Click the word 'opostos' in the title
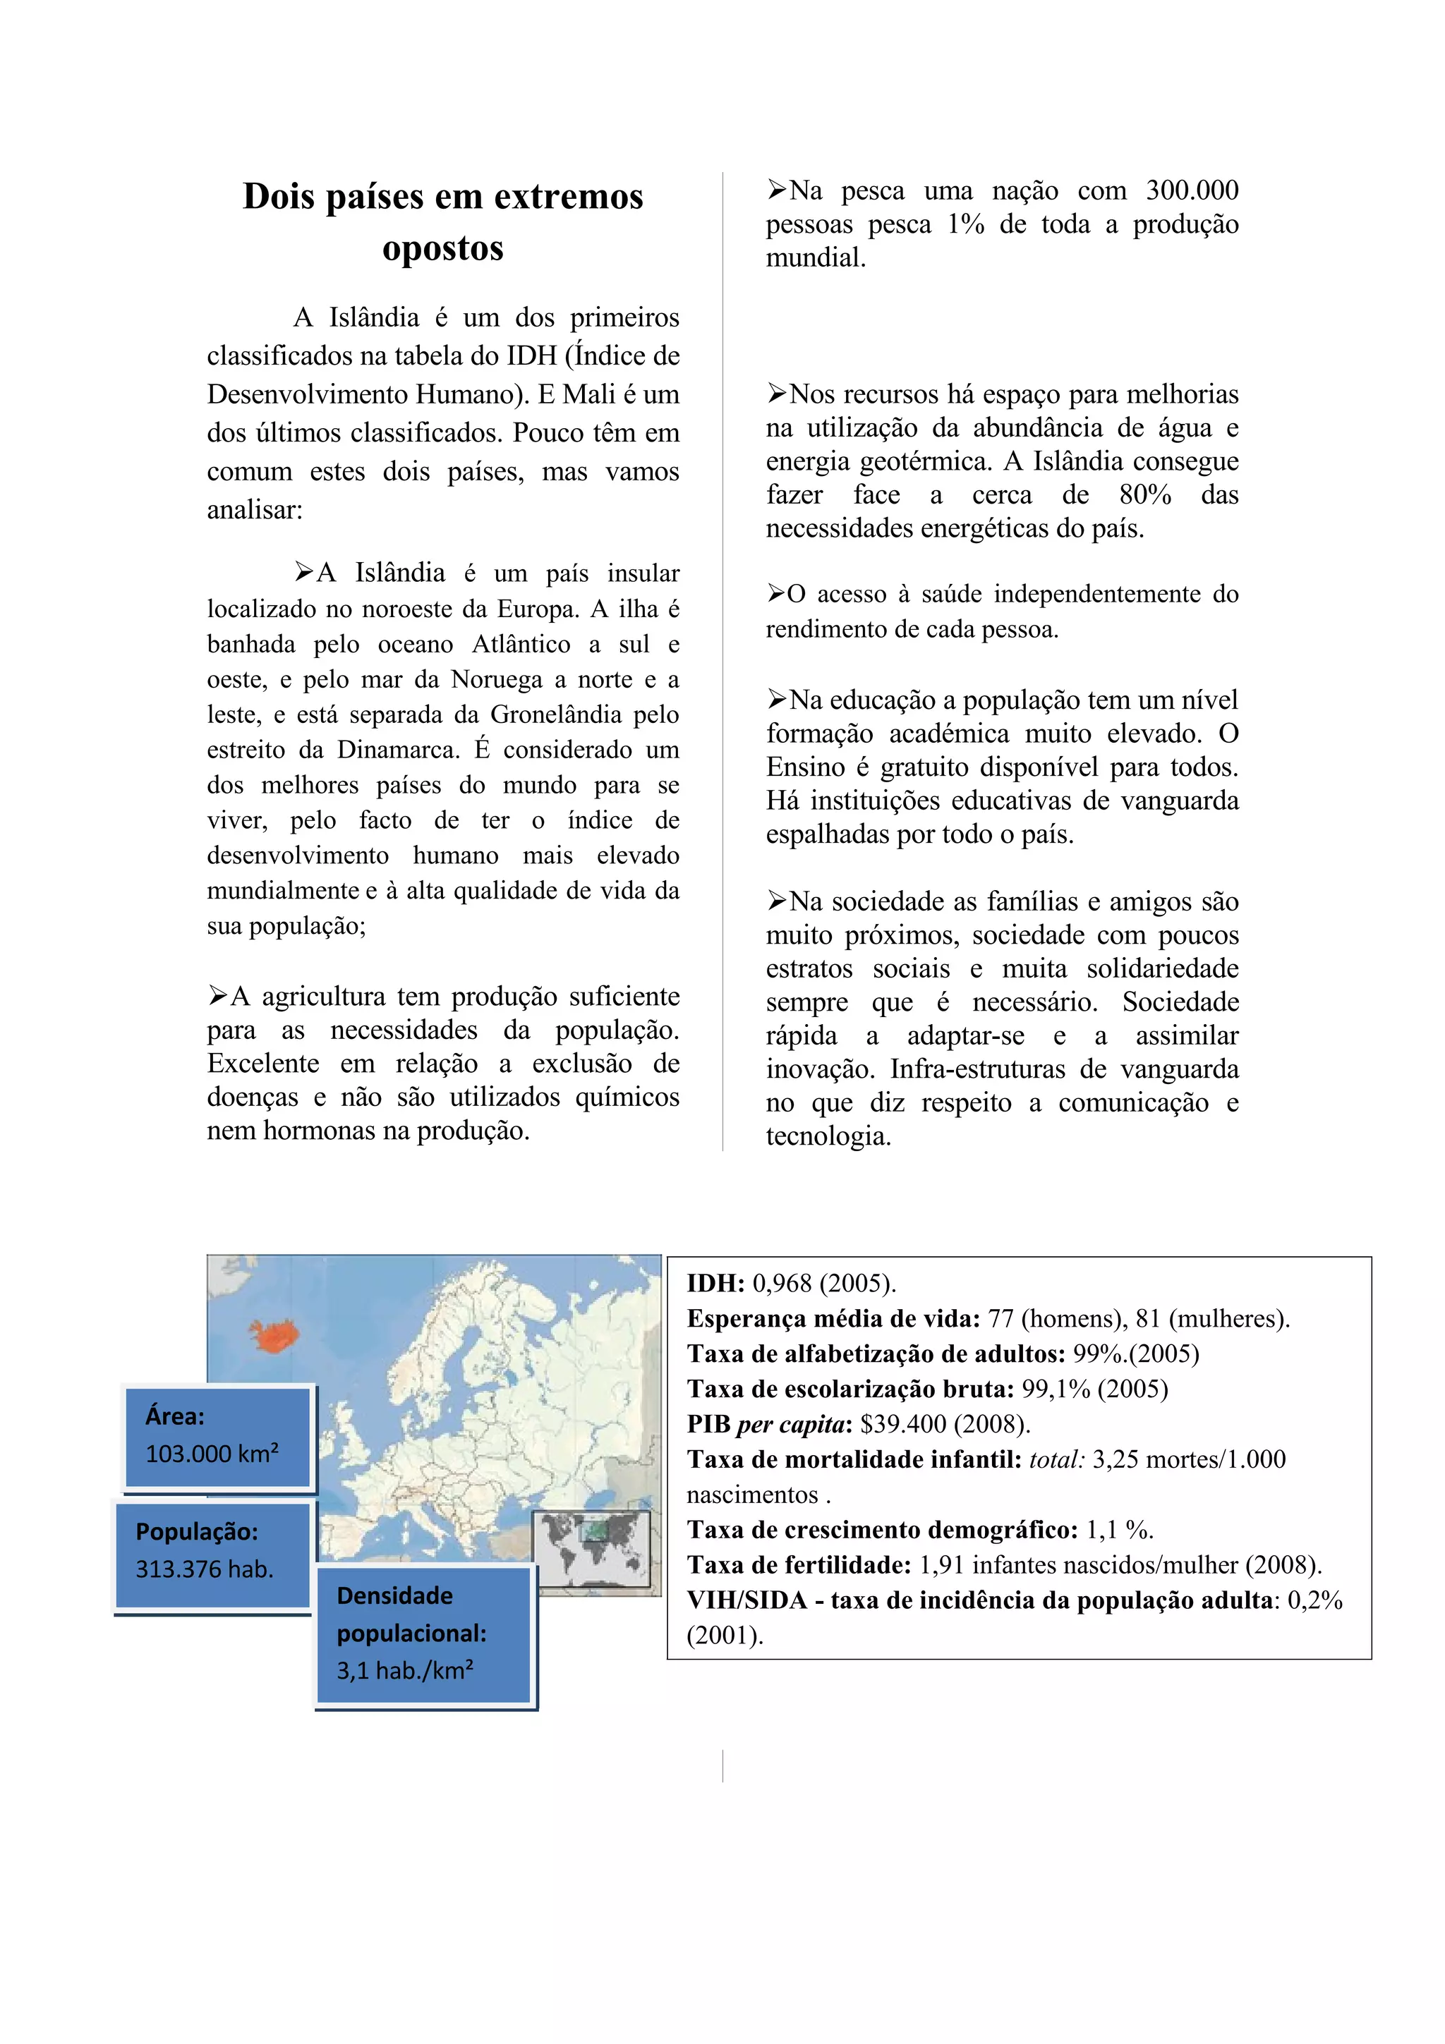[442, 248]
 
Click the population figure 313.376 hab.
[204, 1569]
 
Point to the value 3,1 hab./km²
[404, 1670]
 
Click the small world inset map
[591, 1549]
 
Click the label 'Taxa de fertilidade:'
[799, 1564]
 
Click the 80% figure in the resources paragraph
[1145, 495]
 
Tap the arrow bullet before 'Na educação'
[776, 700]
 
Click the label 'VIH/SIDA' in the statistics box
[746, 1600]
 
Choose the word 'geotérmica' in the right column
[926, 461]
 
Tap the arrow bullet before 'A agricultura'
[217, 995]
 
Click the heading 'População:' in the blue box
[197, 1531]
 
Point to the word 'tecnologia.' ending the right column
[828, 1136]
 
